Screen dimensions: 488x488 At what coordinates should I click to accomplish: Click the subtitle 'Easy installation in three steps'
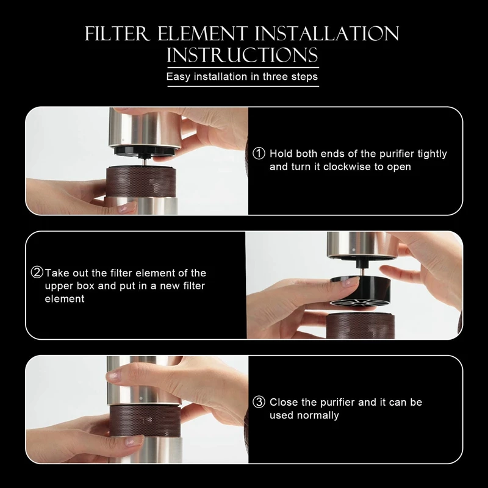[242, 77]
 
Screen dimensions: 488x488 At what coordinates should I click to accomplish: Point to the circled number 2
[37, 273]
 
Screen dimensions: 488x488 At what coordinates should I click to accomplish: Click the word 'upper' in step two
[58, 286]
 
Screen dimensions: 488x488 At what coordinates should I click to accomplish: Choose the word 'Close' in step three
[284, 403]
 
